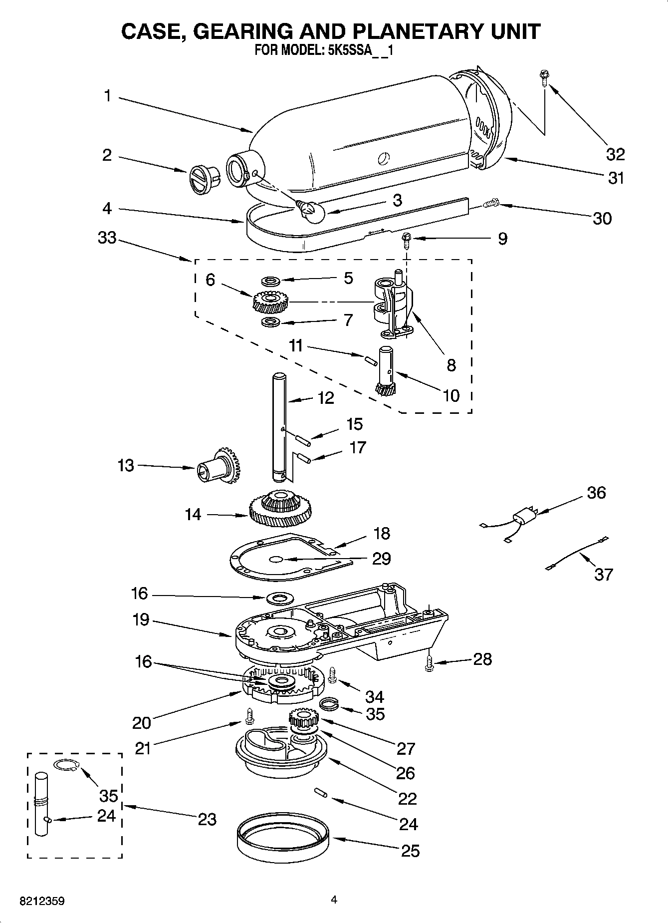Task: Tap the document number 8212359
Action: coord(42,902)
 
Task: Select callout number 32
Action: coord(615,154)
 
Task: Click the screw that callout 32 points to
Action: coord(543,78)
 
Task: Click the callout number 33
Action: coord(107,238)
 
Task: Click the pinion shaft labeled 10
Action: coord(387,371)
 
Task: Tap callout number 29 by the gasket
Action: coord(382,558)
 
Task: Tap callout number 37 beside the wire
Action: coord(603,575)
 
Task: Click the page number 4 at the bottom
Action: coord(334,900)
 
